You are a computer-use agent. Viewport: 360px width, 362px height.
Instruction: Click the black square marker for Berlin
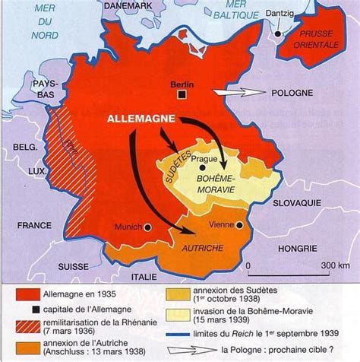(183, 94)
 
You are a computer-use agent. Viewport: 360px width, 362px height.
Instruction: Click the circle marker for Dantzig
(280, 33)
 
